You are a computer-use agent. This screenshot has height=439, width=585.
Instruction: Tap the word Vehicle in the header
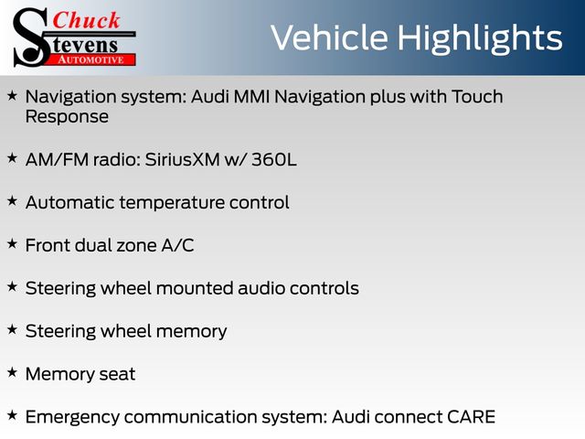pyautogui.click(x=329, y=37)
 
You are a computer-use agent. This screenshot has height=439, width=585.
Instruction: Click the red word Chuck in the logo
pyautogui.click(x=86, y=20)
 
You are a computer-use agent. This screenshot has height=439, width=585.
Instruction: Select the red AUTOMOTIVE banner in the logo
pyautogui.click(x=91, y=59)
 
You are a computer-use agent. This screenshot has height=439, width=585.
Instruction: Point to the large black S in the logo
pyautogui.click(x=30, y=37)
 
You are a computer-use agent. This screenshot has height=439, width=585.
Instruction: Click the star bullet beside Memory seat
pyautogui.click(x=12, y=372)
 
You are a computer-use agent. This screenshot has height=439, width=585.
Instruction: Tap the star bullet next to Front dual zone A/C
pyautogui.click(x=12, y=244)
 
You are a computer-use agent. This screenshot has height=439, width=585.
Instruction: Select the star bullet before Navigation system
pyautogui.click(x=12, y=95)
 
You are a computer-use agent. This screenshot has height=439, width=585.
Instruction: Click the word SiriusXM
pyautogui.click(x=182, y=159)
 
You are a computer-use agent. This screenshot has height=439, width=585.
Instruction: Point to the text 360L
pyautogui.click(x=274, y=159)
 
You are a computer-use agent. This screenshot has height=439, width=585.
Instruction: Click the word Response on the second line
pyautogui.click(x=67, y=118)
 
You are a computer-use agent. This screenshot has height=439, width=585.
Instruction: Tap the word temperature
pyautogui.click(x=171, y=203)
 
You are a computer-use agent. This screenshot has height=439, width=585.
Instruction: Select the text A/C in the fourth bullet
pyautogui.click(x=177, y=245)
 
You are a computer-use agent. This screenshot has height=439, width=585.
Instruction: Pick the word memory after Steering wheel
pyautogui.click(x=191, y=332)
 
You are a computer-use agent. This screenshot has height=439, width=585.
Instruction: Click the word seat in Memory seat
pyautogui.click(x=117, y=374)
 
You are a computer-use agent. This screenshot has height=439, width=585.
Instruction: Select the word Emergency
pyautogui.click(x=72, y=417)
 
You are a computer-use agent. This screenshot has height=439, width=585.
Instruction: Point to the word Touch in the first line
pyautogui.click(x=477, y=97)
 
